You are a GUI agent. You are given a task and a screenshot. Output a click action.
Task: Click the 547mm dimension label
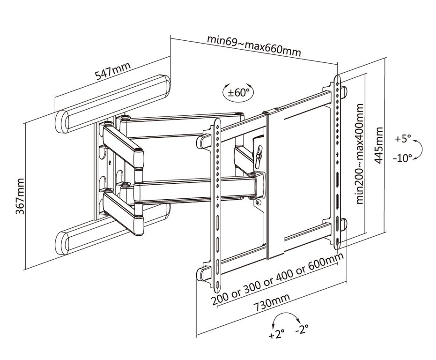pyautogui.click(x=113, y=72)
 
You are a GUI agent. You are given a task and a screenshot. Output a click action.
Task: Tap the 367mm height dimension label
pyautogui.click(x=20, y=196)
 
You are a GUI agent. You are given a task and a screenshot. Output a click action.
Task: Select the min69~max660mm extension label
pyautogui.click(x=254, y=45)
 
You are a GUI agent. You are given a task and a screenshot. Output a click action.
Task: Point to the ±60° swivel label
pyautogui.click(x=239, y=92)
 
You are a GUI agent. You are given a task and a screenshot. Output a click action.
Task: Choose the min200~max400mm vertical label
pyautogui.click(x=360, y=154)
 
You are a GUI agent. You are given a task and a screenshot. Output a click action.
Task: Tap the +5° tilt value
pyautogui.click(x=402, y=139)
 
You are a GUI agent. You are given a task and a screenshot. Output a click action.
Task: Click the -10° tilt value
pyautogui.click(x=402, y=158)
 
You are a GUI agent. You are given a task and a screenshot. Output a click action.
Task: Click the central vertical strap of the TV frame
pyautogui.click(x=275, y=183)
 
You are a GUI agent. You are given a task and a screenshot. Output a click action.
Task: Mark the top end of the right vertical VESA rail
pyautogui.click(x=337, y=79)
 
